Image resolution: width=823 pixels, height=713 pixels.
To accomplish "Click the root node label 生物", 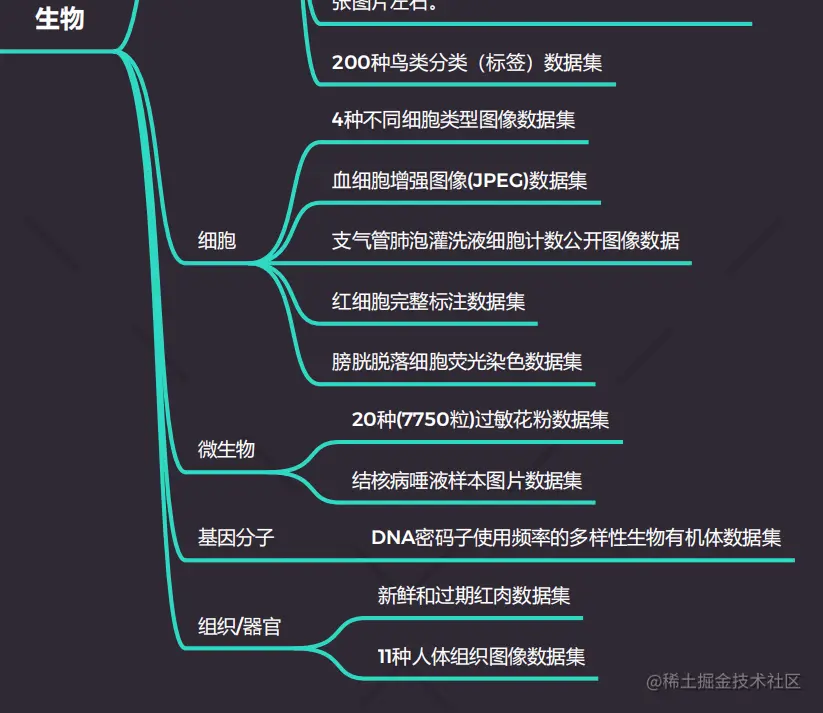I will point(59,18).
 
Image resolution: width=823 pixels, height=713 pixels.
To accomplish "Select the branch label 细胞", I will point(217,240).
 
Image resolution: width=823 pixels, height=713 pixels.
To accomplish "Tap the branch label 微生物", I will point(226,449).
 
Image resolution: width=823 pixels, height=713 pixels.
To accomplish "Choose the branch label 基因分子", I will point(236,538).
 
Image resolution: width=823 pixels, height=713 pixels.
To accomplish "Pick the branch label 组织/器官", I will point(239,627).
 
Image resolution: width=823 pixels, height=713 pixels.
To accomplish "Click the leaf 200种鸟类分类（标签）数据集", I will point(467,63).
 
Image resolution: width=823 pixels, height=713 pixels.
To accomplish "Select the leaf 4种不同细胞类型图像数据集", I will point(453,120).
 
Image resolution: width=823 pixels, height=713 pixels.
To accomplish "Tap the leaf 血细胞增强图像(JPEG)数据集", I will point(459,181).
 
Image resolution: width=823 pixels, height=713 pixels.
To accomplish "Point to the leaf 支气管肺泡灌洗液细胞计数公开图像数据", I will point(505,240).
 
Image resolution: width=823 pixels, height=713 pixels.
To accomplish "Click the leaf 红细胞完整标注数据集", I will point(428,301).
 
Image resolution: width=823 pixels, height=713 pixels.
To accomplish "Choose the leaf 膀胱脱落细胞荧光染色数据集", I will point(457,360).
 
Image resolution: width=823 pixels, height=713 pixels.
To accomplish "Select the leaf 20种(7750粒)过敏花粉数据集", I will point(480,420).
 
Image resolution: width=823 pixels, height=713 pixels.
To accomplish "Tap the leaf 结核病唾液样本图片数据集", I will point(467,480).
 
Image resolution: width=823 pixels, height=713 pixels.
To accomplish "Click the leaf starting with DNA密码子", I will point(576,538).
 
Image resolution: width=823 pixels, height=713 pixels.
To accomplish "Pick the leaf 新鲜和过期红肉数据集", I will point(474,596).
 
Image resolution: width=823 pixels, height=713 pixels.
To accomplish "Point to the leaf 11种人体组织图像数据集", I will point(481,657).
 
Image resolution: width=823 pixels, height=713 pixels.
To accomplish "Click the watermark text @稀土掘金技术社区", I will point(723,681).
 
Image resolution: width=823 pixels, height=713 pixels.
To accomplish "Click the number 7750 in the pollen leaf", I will point(424,420).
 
